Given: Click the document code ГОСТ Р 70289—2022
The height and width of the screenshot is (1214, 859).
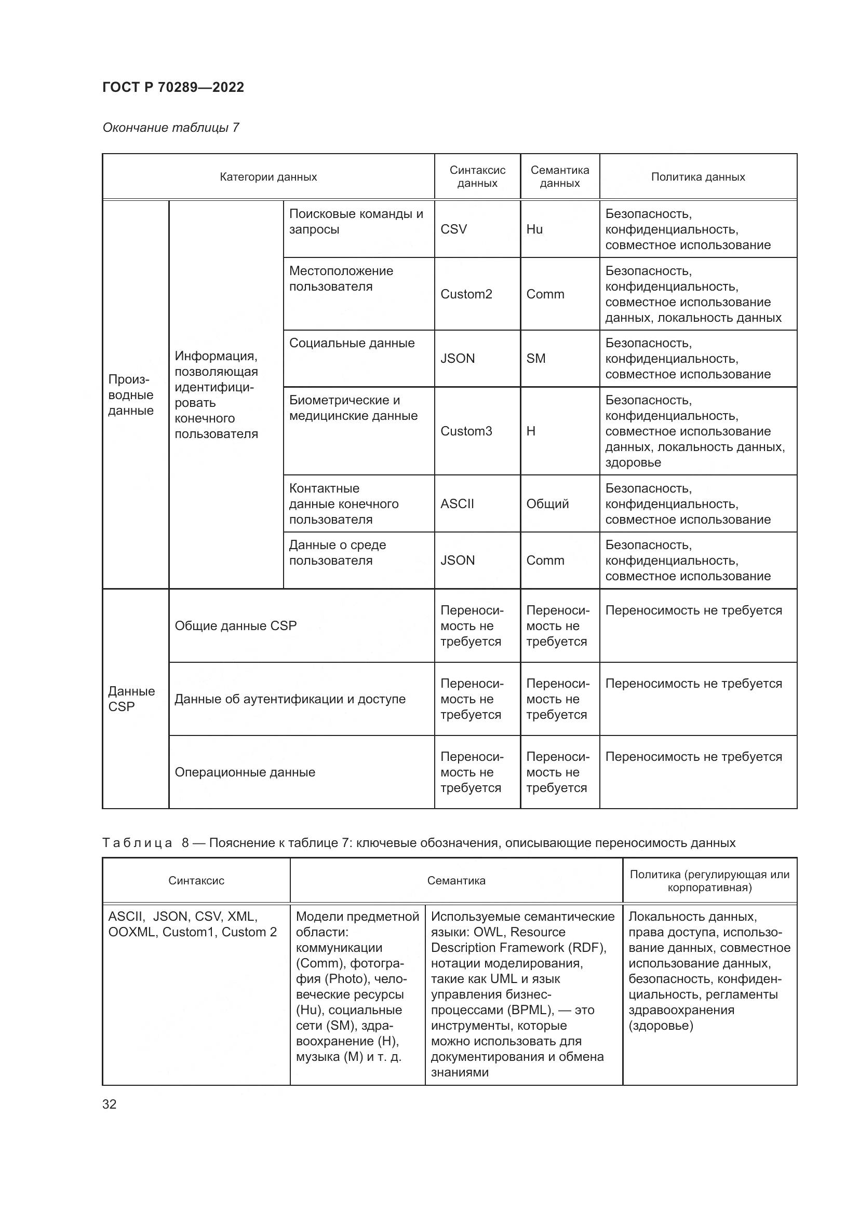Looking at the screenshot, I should pos(173,87).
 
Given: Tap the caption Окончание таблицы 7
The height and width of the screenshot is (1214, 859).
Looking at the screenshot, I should pos(170,128).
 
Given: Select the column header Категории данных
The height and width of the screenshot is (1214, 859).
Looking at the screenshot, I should pos(268,177).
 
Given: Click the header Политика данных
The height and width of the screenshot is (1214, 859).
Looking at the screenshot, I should pos(697,177).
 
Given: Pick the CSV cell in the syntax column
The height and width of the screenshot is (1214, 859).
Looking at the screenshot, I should pos(453,229).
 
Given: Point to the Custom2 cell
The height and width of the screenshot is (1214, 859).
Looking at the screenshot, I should pos(466,294).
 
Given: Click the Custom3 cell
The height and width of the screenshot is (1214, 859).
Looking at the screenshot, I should pos(466,431).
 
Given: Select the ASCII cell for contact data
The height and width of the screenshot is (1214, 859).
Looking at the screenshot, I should pos(457,503).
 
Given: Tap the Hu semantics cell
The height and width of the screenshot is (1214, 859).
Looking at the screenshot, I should pos(534,229).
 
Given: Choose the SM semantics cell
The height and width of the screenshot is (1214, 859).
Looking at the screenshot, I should pos(535,359).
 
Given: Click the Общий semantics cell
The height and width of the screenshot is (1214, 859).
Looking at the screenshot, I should pos(547,503).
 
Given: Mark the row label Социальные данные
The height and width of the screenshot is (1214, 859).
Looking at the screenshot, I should pos(352,343).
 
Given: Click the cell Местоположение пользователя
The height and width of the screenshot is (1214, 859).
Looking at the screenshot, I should pos(341,279).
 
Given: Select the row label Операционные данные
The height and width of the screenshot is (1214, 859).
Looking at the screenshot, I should pos(245,772).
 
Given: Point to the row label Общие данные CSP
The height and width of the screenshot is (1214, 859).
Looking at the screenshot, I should pos(235,625).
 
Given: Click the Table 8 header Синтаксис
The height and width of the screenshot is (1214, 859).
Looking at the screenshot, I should pos(196,880).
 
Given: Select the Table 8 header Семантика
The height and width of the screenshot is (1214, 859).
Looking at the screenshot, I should pos(456,880).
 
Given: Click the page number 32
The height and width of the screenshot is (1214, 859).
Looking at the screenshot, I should pos(110,1104).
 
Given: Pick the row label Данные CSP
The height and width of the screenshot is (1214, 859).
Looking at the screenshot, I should pos(131,699).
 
